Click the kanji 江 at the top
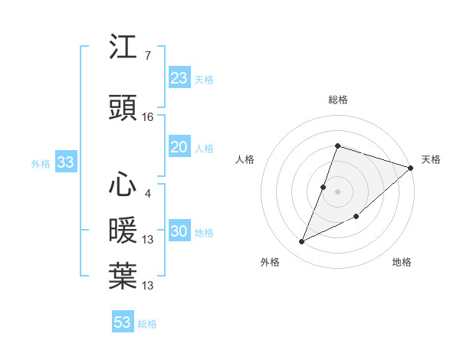click(x=123, y=47)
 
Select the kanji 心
click(x=123, y=185)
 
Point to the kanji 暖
click(x=123, y=231)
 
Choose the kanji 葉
click(x=123, y=276)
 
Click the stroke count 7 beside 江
click(x=147, y=56)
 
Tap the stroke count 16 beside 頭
click(x=148, y=117)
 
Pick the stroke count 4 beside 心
click(x=147, y=194)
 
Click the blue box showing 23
click(x=179, y=78)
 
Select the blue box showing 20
click(x=179, y=148)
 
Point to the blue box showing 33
click(x=65, y=162)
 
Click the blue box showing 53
click(x=123, y=322)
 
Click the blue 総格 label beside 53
click(x=147, y=324)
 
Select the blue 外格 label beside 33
click(x=41, y=163)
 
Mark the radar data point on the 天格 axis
click(x=411, y=169)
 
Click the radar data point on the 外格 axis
click(x=302, y=242)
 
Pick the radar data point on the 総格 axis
click(x=337, y=146)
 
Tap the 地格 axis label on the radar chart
click(x=402, y=262)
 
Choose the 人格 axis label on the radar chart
click(x=245, y=159)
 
